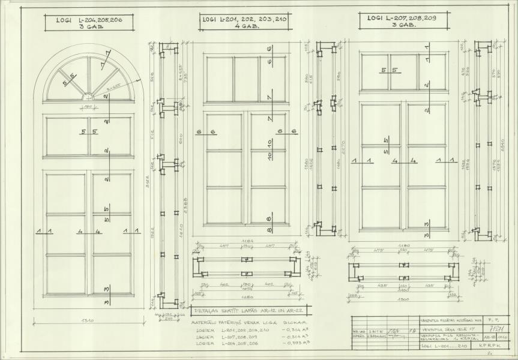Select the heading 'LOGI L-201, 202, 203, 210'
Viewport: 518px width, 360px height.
pos(244,23)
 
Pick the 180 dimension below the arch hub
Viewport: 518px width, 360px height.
pos(88,107)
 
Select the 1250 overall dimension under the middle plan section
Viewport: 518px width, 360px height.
pos(245,296)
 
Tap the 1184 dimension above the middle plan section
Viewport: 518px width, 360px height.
pos(245,241)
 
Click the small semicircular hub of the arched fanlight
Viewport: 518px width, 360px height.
pos(88,96)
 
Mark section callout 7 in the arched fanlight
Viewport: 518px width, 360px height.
pos(107,58)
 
